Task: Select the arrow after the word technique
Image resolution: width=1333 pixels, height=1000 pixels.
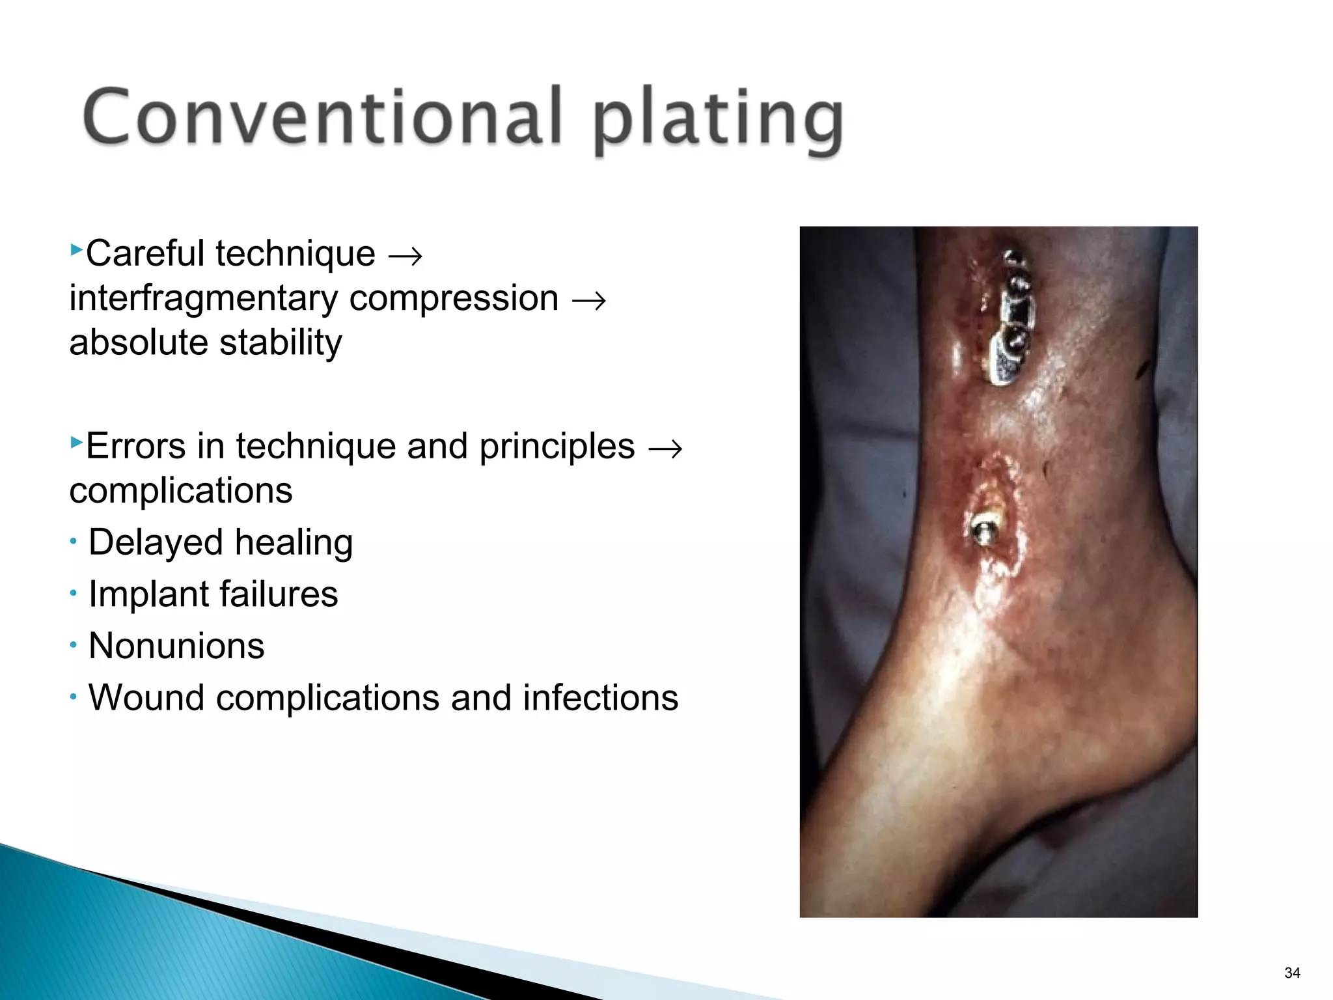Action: click(x=405, y=256)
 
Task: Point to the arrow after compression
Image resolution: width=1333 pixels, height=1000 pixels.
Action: click(x=589, y=301)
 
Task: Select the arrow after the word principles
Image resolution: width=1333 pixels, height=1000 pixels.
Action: click(x=665, y=449)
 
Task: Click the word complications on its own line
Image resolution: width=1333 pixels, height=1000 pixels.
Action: click(x=181, y=490)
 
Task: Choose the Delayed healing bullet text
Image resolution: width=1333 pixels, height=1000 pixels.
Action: click(x=221, y=542)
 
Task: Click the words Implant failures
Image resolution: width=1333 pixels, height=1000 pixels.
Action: click(x=213, y=594)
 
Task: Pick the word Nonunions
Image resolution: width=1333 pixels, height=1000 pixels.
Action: click(x=176, y=646)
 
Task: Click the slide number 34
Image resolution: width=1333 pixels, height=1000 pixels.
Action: click(x=1292, y=973)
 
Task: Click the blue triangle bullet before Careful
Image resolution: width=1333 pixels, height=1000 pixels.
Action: click(x=76, y=249)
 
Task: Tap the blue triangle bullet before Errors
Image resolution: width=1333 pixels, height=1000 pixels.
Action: click(x=76, y=443)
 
